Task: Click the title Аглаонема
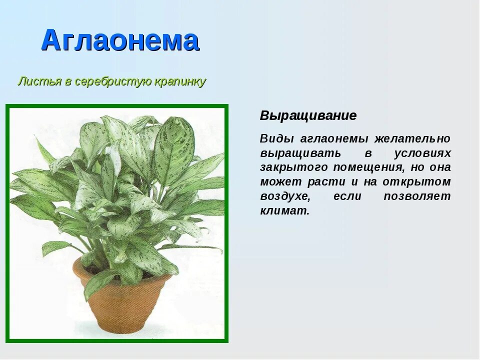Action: pos(120,40)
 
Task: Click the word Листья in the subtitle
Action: pos(39,81)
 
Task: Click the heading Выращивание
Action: pos(308,115)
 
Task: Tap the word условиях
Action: pos(422,153)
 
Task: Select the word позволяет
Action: pos(417,196)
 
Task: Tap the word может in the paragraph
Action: pos(278,182)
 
